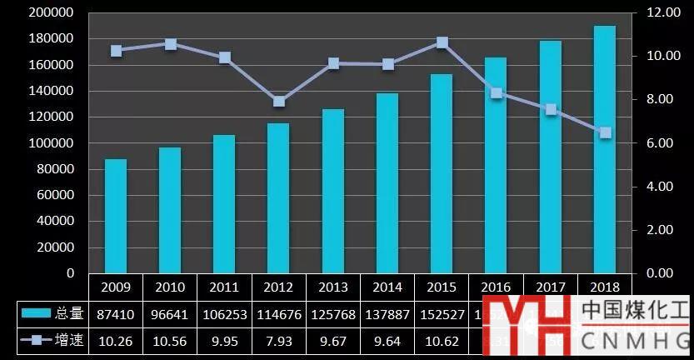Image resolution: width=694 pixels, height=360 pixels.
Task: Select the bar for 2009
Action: click(116, 215)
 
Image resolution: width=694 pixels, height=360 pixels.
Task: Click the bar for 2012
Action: click(278, 197)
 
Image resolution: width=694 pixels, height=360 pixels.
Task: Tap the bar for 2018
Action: click(605, 149)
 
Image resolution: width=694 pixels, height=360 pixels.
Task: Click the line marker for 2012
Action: click(278, 102)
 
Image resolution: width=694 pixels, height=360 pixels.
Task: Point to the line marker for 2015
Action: click(442, 42)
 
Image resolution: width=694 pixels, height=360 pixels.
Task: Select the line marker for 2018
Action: click(605, 132)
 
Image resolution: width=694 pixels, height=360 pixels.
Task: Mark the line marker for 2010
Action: click(170, 44)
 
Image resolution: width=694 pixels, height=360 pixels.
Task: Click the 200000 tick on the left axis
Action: click(51, 12)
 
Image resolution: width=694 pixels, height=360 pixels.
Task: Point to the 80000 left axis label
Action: click(54, 169)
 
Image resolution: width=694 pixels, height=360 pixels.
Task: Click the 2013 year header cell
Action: click(333, 287)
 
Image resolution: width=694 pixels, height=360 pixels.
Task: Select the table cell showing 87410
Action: click(116, 314)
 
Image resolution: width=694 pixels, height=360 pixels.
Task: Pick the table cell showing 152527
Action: click(442, 314)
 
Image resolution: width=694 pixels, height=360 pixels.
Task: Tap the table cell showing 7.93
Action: click(278, 341)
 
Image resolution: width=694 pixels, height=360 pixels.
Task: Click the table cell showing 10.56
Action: click(170, 341)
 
